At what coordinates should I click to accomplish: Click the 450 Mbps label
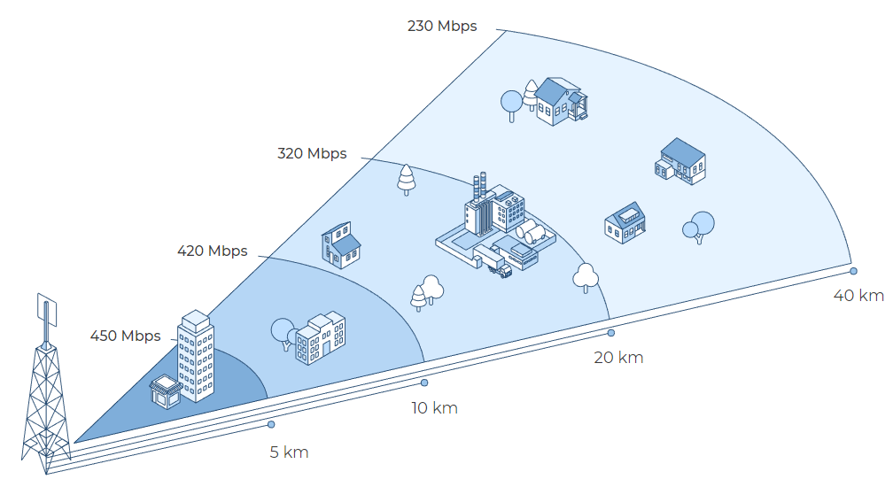click(125, 336)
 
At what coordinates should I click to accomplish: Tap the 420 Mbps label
click(213, 251)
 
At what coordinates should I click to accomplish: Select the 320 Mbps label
click(312, 153)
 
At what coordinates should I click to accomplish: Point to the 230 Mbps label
click(443, 27)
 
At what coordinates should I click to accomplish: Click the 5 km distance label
click(290, 452)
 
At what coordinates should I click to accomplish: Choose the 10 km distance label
click(434, 408)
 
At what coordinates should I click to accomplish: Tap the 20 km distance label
click(618, 358)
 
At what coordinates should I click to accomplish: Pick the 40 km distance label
click(858, 295)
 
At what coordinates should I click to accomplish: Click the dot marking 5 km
click(271, 424)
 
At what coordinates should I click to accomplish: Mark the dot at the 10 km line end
click(424, 383)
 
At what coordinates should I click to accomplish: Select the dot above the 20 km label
click(611, 333)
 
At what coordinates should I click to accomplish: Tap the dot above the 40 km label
click(853, 271)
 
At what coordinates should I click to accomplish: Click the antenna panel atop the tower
click(47, 310)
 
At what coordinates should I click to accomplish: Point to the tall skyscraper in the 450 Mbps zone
click(196, 356)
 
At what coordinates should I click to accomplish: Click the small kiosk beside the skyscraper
click(166, 391)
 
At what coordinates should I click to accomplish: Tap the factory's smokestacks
click(479, 187)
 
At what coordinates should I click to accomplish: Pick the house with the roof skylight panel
click(625, 222)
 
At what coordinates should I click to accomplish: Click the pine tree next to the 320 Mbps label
click(406, 180)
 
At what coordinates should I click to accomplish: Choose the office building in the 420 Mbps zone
click(320, 338)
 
